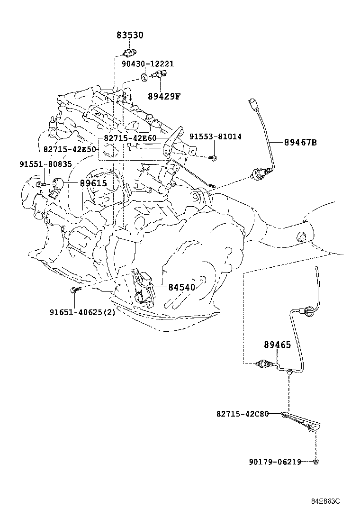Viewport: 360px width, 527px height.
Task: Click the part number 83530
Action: [x=130, y=36]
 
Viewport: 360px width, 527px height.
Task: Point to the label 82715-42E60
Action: [x=130, y=138]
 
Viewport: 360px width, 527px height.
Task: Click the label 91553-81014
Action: [x=216, y=136]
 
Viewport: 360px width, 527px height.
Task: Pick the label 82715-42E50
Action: [x=70, y=149]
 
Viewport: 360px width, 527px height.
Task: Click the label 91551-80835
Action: [x=45, y=164]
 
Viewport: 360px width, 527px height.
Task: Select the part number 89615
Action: [x=93, y=183]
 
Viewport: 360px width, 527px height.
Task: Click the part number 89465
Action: [x=277, y=345]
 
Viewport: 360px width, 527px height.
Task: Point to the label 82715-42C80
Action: [x=243, y=414]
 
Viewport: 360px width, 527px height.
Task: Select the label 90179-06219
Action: [x=275, y=462]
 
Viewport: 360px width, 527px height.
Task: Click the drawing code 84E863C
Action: [x=325, y=501]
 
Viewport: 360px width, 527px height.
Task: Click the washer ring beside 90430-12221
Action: [x=143, y=76]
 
